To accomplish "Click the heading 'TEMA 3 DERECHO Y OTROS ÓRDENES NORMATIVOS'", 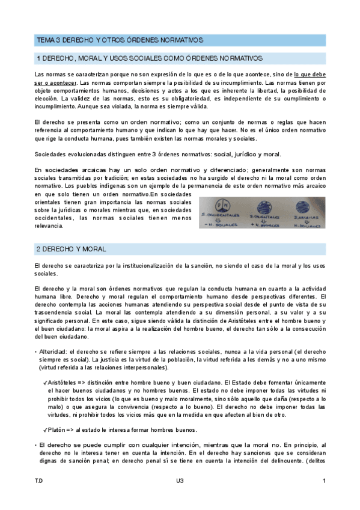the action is point(120,40).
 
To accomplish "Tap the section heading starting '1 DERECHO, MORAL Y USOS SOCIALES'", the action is point(150,58).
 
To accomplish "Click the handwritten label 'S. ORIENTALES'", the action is point(261,215).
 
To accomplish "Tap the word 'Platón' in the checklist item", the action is point(58,430).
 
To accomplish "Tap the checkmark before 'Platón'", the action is point(45,430).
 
